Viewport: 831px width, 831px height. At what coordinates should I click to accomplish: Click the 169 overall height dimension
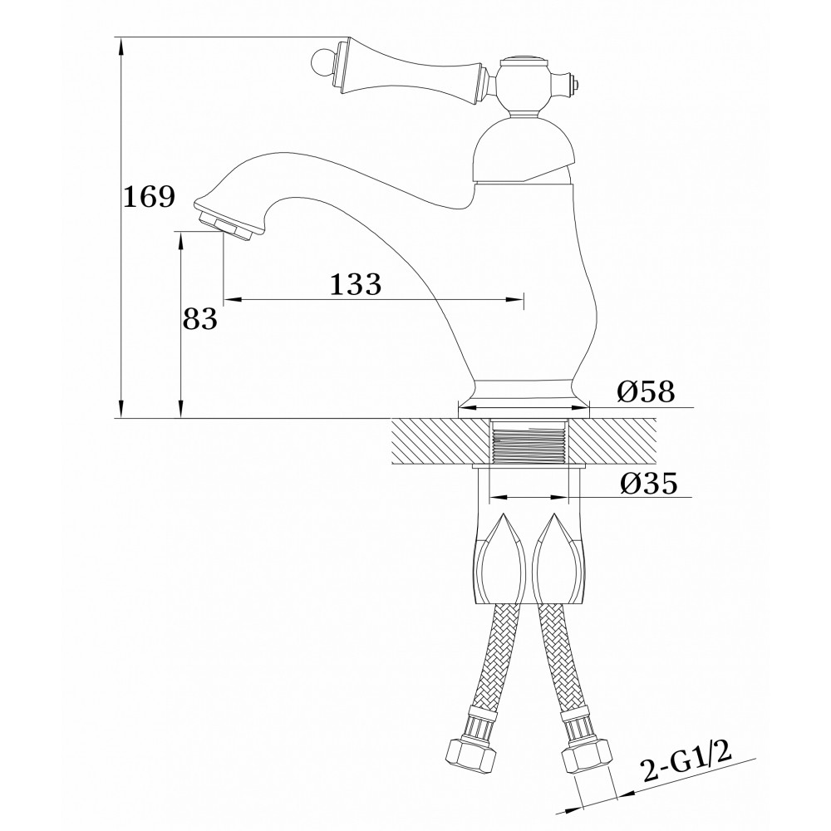(149, 197)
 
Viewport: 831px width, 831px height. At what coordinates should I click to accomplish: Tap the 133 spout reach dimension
(356, 284)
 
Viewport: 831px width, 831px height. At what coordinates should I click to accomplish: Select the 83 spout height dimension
(199, 319)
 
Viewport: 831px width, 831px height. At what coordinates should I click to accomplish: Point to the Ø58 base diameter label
(646, 392)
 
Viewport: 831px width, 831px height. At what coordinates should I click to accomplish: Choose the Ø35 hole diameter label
(649, 483)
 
